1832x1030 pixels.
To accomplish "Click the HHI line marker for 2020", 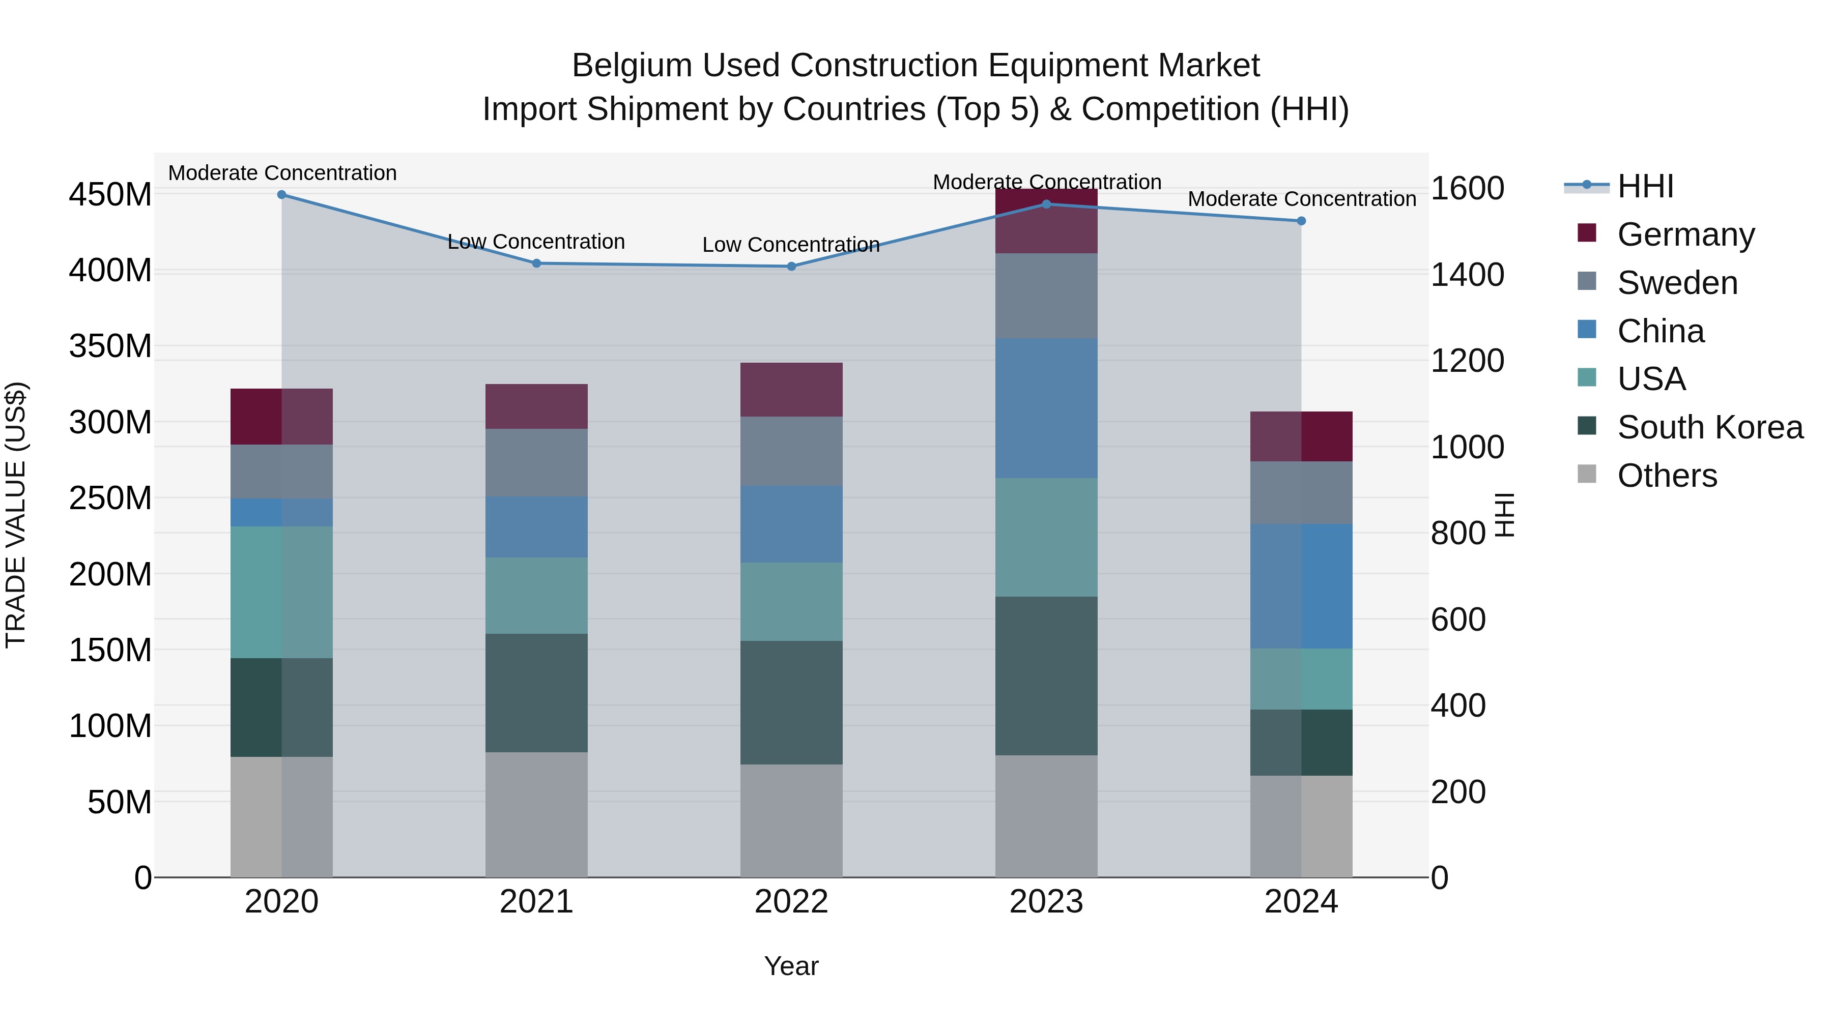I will (x=281, y=194).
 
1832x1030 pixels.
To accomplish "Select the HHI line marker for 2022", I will (x=791, y=267).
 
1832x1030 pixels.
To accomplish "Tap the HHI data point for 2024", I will (x=1301, y=221).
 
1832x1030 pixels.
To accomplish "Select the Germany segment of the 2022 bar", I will (x=791, y=390).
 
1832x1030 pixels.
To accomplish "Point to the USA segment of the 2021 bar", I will (x=536, y=595).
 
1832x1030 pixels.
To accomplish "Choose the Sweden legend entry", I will (x=1677, y=283).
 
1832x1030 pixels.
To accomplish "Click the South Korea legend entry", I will (x=1710, y=427).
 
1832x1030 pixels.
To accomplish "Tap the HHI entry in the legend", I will (x=1645, y=186).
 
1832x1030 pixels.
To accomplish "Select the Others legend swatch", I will (x=1587, y=474).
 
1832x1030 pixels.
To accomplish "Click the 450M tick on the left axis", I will (x=110, y=195).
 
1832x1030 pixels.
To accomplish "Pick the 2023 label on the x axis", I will (x=1046, y=902).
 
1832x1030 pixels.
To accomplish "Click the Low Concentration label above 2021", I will (x=536, y=242).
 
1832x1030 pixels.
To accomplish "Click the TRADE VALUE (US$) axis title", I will (x=16, y=515).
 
